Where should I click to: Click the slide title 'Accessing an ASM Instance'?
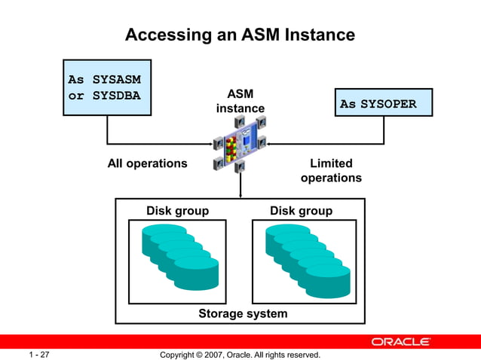(x=240, y=35)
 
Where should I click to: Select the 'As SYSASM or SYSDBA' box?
(x=107, y=87)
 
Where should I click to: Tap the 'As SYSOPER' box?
(x=384, y=103)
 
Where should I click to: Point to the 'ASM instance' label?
(x=240, y=101)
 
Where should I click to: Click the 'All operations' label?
(x=147, y=163)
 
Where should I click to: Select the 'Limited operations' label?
(x=331, y=171)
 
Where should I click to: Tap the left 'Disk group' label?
(x=177, y=211)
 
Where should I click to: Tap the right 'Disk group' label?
(x=301, y=211)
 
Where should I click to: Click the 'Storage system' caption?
(x=243, y=313)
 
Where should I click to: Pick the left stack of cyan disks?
(x=179, y=256)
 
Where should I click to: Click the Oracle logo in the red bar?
(x=400, y=341)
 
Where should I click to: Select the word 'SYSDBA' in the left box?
(x=117, y=96)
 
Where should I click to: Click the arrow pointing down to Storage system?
(x=240, y=185)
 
